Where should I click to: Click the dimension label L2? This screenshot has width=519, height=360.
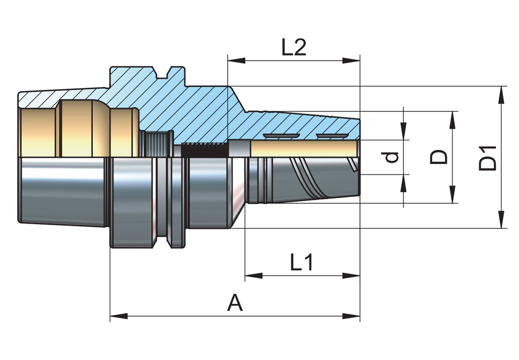[x=294, y=48]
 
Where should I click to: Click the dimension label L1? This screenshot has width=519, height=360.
[x=301, y=264]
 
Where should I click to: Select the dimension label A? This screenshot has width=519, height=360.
[x=235, y=302]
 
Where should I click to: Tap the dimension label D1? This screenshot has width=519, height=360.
[x=488, y=158]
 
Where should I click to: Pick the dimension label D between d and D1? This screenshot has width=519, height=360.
[x=440, y=157]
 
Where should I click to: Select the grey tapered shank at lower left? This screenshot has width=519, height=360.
[x=62, y=192]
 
